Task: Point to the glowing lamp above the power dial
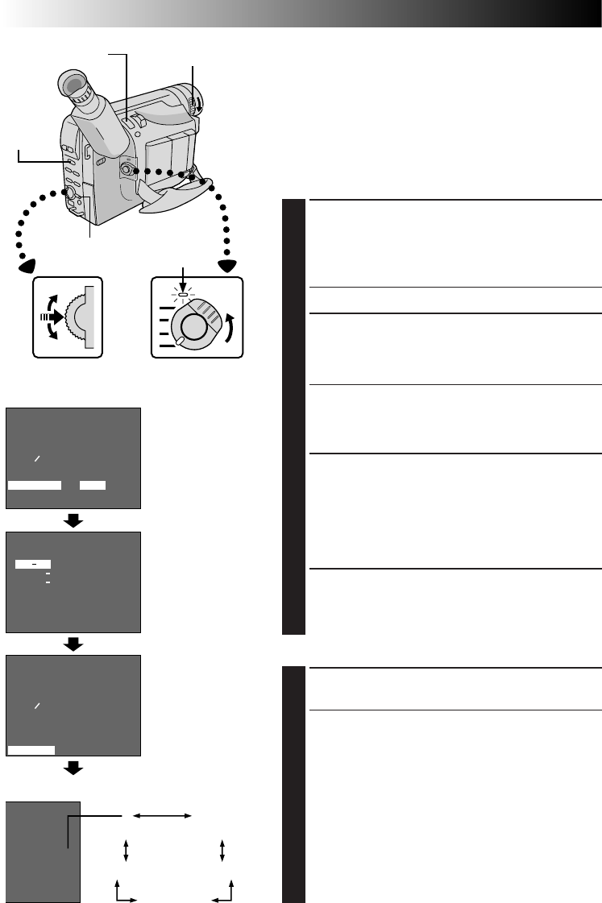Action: pos(185,295)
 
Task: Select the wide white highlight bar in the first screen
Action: pos(35,485)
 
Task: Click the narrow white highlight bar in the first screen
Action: pos(93,485)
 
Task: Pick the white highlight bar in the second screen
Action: pos(34,564)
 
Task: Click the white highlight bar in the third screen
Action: pos(31,749)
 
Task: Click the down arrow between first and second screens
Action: pos(73,520)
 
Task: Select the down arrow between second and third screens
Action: pos(73,644)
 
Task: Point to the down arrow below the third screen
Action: pos(73,768)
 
